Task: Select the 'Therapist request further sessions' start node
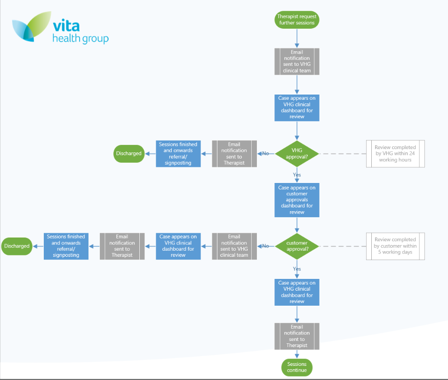point(297,19)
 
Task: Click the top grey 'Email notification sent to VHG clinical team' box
point(297,61)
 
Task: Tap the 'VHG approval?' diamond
point(297,153)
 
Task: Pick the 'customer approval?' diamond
point(297,246)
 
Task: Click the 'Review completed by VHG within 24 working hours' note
point(395,153)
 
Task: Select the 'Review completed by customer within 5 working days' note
point(395,246)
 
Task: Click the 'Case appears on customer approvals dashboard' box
point(297,200)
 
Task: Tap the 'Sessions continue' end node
point(297,367)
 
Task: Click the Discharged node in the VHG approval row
point(128,153)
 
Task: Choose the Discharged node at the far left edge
point(16,246)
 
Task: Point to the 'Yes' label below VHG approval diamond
point(297,174)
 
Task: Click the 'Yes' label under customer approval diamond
point(297,269)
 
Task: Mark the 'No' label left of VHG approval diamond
point(265,153)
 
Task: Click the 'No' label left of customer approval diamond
point(265,246)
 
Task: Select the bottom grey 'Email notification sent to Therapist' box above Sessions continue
point(297,336)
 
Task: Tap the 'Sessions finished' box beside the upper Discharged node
point(178,153)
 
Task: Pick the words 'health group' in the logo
point(80,39)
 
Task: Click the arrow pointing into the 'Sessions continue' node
point(297,355)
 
